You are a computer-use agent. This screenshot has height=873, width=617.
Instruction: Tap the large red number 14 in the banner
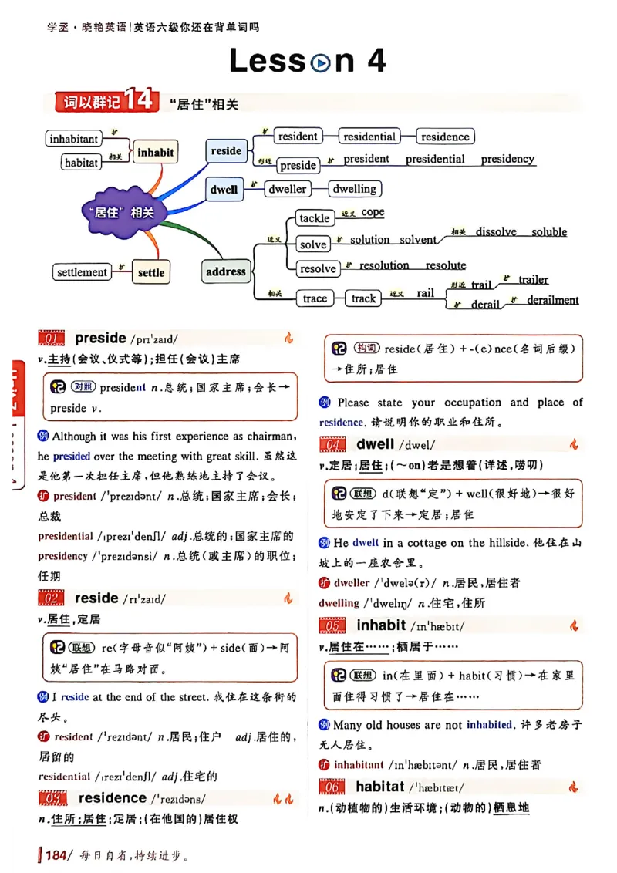coord(140,100)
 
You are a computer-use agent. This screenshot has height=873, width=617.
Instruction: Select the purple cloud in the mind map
coord(120,211)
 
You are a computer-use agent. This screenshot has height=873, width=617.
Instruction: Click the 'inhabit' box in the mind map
coord(155,152)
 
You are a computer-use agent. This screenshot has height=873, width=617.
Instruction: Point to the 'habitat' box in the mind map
coord(81,163)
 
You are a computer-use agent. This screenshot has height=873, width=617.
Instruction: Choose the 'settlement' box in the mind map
coord(82,272)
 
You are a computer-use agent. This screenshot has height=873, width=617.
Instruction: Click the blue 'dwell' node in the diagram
coord(224,189)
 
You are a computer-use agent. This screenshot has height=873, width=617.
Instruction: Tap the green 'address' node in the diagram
coord(226,271)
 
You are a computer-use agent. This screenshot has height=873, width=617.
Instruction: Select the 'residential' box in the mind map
coord(369,137)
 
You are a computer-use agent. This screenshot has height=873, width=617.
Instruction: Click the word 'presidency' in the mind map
coord(507,159)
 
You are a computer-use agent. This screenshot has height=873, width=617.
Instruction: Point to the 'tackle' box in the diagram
coord(315,218)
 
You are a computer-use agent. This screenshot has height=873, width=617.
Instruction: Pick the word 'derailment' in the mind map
coord(552,300)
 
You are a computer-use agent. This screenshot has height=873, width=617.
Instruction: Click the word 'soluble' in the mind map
coord(548,231)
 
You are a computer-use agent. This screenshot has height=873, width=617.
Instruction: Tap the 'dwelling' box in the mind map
coord(354,189)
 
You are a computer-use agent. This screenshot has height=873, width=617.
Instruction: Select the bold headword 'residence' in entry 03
coord(112,797)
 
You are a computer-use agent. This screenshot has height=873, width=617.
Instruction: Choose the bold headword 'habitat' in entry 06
coord(379,786)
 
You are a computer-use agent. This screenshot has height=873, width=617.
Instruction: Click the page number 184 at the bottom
coord(58,854)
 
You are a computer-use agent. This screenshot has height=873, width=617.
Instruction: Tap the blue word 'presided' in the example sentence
coord(71,456)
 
